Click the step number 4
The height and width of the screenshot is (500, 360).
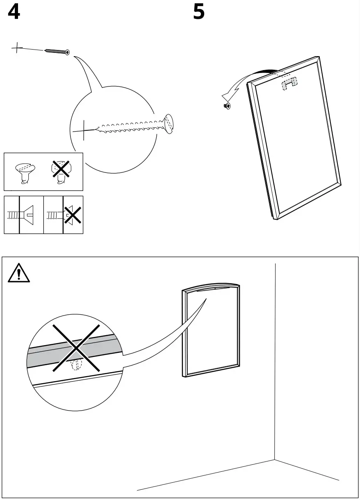(x=14, y=12)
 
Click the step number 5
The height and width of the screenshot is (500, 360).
(x=199, y=12)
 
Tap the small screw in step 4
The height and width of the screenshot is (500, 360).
(x=57, y=51)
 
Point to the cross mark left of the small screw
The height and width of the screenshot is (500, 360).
(x=17, y=49)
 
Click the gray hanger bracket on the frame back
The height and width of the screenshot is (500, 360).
(x=289, y=84)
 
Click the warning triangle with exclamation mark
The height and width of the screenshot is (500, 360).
(x=19, y=273)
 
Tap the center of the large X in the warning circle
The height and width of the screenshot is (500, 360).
(x=76, y=348)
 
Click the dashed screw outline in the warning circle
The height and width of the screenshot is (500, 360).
(x=76, y=365)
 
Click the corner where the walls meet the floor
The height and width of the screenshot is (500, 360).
(x=275, y=460)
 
